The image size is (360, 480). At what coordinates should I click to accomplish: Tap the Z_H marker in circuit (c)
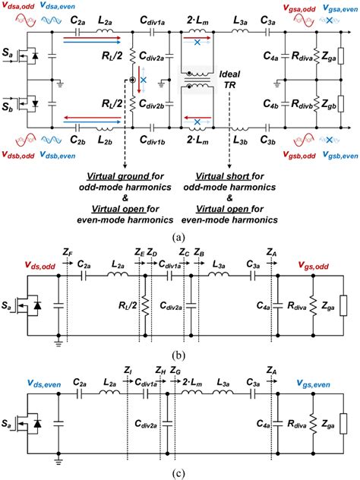pos(159,390)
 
